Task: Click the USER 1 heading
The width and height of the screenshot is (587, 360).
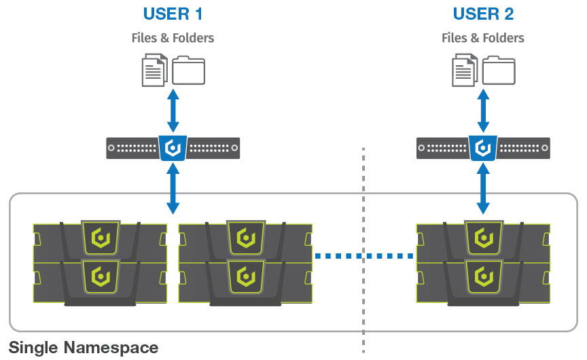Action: coord(173,14)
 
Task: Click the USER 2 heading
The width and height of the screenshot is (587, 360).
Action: coord(483,14)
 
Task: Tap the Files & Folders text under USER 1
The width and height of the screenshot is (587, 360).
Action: coord(173,38)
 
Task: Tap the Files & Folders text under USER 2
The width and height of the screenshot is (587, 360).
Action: coord(483,38)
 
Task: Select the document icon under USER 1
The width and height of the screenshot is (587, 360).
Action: coord(155,70)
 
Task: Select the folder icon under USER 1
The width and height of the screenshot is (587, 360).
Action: coord(188,71)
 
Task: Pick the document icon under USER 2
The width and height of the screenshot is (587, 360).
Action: coord(465,70)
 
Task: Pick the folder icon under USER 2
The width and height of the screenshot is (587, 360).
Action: coord(499,71)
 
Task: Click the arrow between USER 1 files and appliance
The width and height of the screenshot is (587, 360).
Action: coord(173,111)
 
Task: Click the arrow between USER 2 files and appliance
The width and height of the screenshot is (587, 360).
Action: coord(483,111)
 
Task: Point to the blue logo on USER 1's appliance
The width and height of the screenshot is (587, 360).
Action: coord(173,148)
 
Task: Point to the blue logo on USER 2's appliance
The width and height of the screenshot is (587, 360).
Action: coord(483,148)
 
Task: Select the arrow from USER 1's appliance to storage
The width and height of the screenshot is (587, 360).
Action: coord(173,189)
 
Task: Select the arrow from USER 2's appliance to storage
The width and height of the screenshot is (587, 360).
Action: coord(483,189)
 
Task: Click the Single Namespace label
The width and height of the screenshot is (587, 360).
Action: coord(84,348)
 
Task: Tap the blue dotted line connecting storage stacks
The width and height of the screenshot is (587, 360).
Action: coord(364,256)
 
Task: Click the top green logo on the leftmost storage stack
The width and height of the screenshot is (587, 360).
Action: coord(101,238)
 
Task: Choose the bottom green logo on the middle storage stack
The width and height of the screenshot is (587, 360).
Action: coord(246,276)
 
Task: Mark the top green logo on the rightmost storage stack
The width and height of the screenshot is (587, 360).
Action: coord(484,238)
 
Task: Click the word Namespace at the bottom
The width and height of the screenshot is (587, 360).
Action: coord(111,348)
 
